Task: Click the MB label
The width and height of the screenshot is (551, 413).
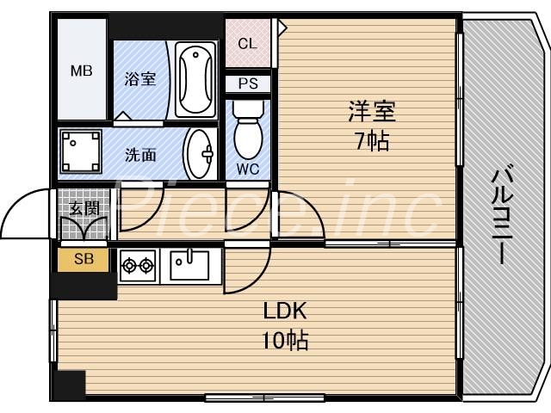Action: [81, 71]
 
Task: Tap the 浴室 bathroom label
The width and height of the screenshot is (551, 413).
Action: [141, 79]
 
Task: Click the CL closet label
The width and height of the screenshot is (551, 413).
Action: [246, 44]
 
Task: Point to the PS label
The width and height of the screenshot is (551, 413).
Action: [247, 84]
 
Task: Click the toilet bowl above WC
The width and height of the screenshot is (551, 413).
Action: [248, 129]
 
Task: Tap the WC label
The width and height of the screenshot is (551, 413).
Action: [248, 168]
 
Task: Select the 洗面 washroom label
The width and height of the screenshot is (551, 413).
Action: [140, 155]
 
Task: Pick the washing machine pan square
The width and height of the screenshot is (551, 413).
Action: [80, 153]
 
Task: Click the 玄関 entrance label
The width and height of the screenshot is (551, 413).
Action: [84, 206]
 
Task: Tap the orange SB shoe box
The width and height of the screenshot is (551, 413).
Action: [84, 259]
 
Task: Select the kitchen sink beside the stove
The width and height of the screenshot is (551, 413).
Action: [189, 264]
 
